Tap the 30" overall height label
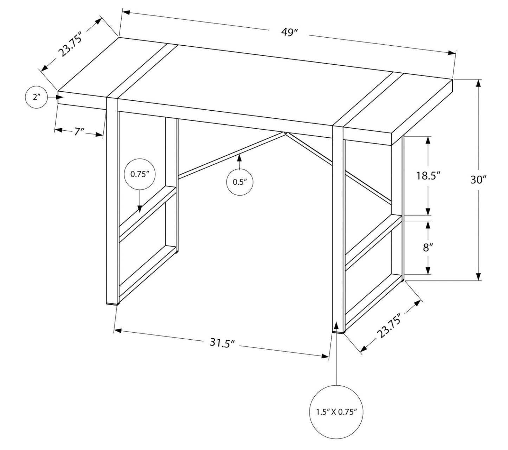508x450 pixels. [x=478, y=180]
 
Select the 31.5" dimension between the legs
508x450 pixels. [x=222, y=343]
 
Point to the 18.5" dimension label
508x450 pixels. [x=428, y=175]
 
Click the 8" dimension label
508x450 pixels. [x=427, y=248]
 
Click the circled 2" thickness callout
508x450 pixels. [x=37, y=97]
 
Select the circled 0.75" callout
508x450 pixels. [x=140, y=175]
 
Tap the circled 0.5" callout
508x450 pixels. [x=240, y=182]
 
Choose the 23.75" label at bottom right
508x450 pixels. [x=389, y=327]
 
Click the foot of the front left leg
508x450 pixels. [x=112, y=303]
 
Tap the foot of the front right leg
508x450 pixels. [x=338, y=331]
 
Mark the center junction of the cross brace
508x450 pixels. [x=285, y=133]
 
